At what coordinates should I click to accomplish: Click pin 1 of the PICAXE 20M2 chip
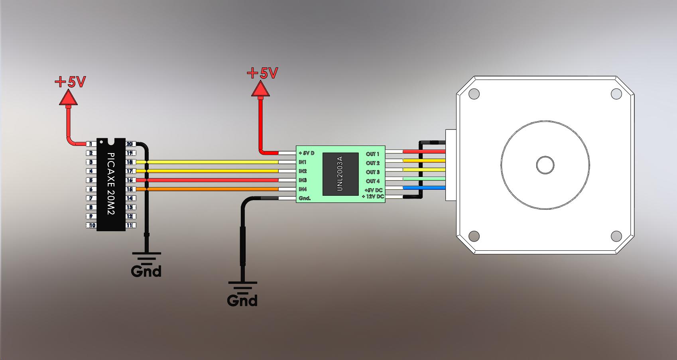click(x=91, y=144)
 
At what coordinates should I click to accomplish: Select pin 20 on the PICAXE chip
click(x=130, y=144)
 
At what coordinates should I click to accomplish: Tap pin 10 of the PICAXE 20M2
click(x=92, y=226)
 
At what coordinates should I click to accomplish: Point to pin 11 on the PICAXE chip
click(x=130, y=226)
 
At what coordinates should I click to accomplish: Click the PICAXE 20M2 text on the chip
click(x=111, y=184)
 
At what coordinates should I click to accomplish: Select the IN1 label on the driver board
click(x=303, y=162)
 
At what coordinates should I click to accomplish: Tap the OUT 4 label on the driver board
click(x=373, y=181)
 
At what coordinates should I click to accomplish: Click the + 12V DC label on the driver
click(x=373, y=197)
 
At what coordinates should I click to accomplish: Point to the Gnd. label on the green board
click(x=305, y=198)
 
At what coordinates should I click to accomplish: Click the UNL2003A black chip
click(x=340, y=174)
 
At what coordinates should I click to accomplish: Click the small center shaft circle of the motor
click(x=545, y=165)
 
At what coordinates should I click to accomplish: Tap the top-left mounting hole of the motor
click(x=474, y=94)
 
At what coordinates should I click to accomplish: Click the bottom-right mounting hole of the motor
click(x=616, y=236)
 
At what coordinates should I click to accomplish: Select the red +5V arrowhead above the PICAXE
click(x=68, y=98)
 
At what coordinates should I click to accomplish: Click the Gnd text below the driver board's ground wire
click(x=242, y=300)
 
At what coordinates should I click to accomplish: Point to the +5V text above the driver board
click(x=262, y=73)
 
